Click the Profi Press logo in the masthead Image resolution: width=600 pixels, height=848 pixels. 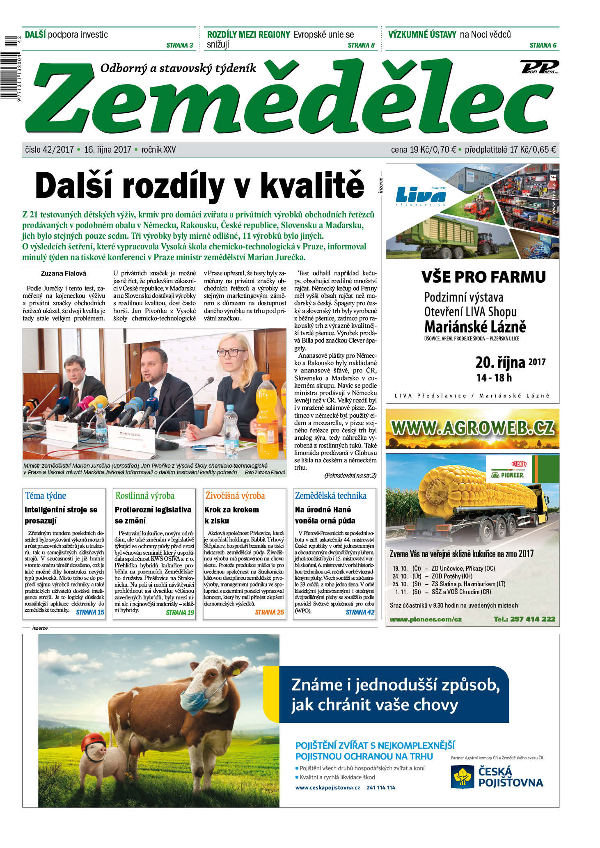pos(539,67)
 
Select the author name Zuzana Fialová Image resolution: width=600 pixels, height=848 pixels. pos(64,273)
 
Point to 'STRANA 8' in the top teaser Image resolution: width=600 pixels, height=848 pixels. pos(361,46)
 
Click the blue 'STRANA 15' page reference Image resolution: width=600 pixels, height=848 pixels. pos(90,613)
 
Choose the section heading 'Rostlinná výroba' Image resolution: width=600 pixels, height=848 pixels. pos(145,496)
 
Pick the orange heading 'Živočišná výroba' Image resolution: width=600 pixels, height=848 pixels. pos(235,496)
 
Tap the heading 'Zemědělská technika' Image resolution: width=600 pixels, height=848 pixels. pos(331,496)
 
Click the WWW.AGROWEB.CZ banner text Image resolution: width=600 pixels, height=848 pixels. pos(472,428)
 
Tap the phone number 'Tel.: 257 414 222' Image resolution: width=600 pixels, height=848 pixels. pos(524,619)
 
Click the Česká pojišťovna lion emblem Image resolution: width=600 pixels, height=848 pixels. pos(463,777)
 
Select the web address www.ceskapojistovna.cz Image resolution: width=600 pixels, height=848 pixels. pos(327,788)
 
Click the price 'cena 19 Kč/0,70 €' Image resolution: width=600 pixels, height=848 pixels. pos(424,150)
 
